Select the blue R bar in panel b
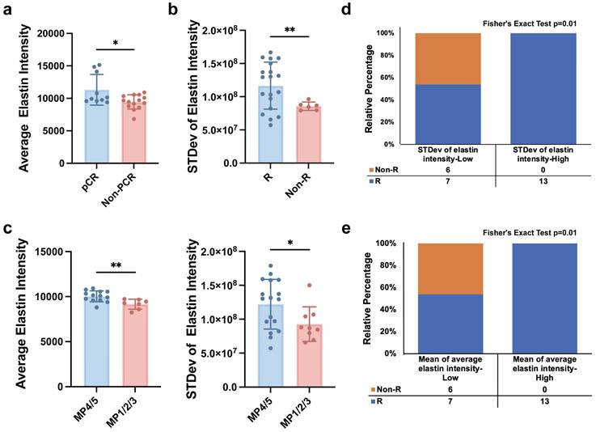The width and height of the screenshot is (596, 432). click(271, 125)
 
